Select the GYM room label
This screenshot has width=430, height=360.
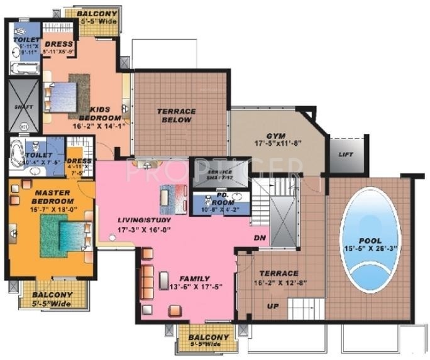pos(273,135)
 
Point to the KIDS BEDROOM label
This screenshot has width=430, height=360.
pos(100,113)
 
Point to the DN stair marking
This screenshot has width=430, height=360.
pos(259,238)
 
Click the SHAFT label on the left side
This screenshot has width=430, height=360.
pos(21,107)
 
